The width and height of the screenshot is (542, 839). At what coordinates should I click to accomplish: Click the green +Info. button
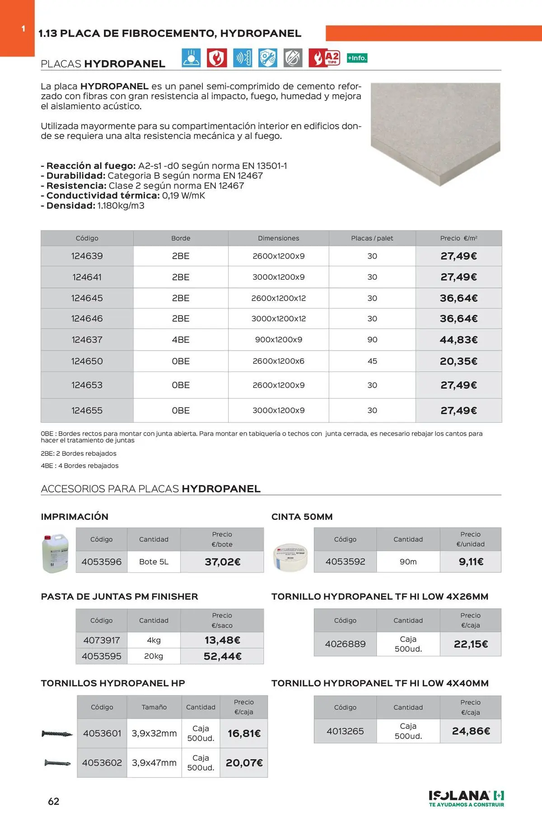point(357,58)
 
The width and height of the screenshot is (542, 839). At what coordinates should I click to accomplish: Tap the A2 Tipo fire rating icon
point(324,58)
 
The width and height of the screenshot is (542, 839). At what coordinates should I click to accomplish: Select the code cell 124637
point(87,339)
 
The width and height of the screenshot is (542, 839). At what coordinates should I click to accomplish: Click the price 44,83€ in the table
point(458,339)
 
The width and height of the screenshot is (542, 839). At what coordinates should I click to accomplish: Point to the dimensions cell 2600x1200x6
point(278,361)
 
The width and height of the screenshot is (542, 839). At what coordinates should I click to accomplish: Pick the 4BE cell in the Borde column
point(181,339)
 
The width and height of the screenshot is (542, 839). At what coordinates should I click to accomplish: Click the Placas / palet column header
point(372,238)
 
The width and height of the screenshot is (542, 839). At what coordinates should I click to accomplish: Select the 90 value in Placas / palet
point(372,339)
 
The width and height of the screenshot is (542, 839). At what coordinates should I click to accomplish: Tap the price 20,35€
point(458,361)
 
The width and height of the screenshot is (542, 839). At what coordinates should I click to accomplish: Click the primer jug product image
point(55,553)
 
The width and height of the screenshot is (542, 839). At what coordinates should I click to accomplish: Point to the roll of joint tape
point(291,557)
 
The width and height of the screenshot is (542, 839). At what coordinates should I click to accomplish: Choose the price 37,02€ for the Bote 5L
point(222,562)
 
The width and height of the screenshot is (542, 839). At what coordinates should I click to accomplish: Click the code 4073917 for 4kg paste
point(102,640)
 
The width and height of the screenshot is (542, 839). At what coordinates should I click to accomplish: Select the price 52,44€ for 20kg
point(222,656)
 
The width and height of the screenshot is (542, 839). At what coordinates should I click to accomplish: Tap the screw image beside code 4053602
point(57,763)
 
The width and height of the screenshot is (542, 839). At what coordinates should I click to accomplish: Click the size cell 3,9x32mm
point(154,733)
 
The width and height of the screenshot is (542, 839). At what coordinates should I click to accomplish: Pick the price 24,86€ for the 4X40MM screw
point(471,731)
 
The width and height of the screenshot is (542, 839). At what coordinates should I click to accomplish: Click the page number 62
point(53,801)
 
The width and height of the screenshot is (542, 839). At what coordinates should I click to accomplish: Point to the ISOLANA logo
point(466,798)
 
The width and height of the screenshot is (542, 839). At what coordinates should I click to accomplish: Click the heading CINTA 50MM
point(302,517)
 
